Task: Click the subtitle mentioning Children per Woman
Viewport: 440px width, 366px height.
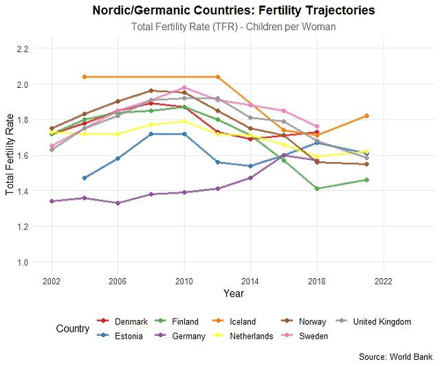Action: [233, 26]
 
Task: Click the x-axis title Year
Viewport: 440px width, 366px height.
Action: [233, 293]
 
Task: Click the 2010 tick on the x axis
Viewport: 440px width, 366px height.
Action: [183, 281]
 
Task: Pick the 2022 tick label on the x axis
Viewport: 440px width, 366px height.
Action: [383, 281]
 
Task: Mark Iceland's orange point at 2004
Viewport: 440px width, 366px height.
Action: [85, 77]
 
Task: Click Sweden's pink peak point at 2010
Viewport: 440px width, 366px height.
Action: [184, 87]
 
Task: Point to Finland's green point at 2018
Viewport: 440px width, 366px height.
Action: [317, 188]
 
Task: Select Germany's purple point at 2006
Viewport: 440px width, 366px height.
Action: [118, 203]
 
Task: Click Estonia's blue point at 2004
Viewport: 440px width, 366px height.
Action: [85, 178]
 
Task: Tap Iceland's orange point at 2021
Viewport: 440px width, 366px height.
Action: [367, 116]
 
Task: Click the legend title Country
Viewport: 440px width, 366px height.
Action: [72, 329]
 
